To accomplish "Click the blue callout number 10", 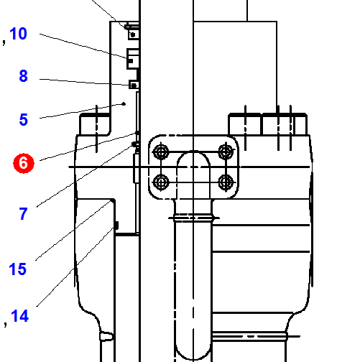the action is coord(18,34).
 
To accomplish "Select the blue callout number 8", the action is coord(23,76).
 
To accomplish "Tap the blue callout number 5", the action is coord(24,119).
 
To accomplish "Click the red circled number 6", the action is coord(24,163).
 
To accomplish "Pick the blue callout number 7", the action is coord(23,213).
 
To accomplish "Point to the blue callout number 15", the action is coord(17,269).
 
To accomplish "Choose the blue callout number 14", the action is coord(20,315).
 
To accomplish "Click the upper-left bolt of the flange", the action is coord(161,152).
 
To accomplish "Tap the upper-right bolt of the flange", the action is coord(226,152).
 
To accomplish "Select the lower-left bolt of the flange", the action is coord(161,182).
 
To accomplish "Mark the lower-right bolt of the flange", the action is coord(226,182).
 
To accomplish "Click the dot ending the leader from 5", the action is coord(124,104).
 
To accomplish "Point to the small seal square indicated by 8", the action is coord(134,85).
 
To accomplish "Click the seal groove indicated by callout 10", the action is coord(133,59).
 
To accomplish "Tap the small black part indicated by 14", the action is coord(116,226).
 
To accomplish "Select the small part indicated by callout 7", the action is coord(134,144).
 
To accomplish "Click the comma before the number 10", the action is coord(4,42).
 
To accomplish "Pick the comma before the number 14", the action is coord(6,324).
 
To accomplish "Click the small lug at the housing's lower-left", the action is coord(106,335).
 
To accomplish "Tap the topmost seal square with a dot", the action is coord(133,34).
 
